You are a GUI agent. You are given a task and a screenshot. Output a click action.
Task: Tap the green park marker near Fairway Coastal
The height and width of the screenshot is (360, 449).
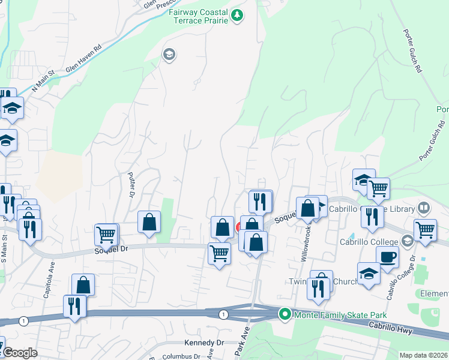click(238, 15)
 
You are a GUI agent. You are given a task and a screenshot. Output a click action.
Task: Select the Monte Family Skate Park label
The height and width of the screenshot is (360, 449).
click(339, 314)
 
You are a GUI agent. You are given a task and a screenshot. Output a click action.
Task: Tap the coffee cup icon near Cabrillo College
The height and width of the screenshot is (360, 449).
click(387, 256)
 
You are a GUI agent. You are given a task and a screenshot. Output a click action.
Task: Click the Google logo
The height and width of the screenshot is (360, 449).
click(19, 353)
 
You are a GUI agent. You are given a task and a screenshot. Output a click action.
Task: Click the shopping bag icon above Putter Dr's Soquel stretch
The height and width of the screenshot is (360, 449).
click(149, 222)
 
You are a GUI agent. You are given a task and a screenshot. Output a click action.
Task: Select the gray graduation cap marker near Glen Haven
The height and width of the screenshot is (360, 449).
click(169, 55)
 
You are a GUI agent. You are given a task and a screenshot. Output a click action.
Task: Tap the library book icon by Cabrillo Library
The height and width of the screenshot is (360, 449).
click(424, 208)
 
